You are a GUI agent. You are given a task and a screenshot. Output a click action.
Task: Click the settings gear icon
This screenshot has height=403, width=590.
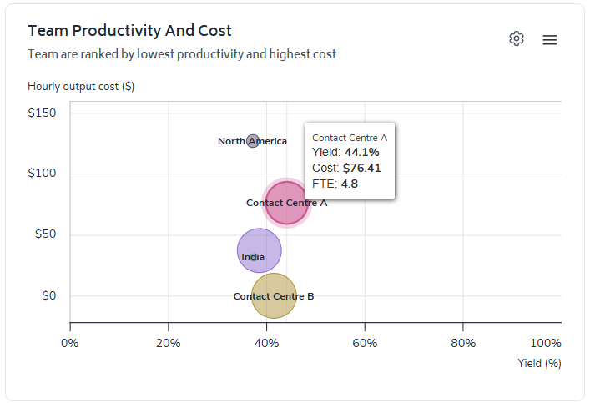click(517, 38)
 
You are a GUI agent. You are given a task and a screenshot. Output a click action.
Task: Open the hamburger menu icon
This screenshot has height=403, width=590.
click(549, 39)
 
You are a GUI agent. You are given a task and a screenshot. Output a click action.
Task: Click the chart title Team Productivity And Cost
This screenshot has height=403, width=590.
click(129, 31)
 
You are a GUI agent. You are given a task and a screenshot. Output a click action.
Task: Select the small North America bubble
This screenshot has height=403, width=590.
click(253, 141)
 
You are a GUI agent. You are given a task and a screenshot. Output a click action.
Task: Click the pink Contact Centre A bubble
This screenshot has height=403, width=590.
click(287, 204)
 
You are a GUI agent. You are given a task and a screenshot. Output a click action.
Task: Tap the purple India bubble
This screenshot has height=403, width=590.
click(260, 250)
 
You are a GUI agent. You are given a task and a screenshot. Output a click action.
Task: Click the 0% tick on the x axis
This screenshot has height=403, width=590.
click(69, 344)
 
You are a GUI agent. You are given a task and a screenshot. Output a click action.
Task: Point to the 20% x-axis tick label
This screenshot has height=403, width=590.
click(169, 344)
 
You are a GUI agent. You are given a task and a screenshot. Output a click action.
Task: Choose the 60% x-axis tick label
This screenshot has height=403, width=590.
click(365, 344)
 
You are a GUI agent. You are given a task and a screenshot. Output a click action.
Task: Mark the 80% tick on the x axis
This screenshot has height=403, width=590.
click(463, 344)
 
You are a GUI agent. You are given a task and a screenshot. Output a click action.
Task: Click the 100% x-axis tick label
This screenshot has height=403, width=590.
click(546, 344)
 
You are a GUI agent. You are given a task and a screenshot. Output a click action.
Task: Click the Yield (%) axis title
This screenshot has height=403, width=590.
click(539, 363)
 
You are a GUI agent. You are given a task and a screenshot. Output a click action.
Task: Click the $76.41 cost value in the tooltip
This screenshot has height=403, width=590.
click(361, 168)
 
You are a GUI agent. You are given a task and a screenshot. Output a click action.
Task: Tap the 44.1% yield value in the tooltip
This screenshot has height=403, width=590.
click(362, 152)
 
